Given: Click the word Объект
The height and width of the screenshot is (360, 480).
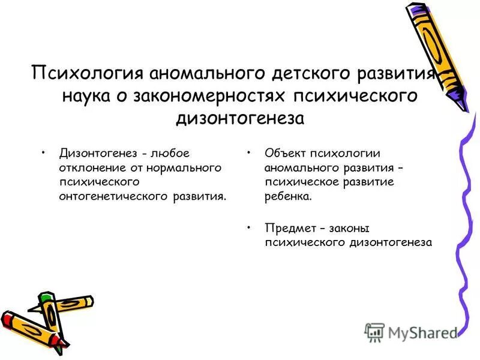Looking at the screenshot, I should click(284, 154).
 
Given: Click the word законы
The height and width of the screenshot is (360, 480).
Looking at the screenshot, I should click(347, 228).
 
